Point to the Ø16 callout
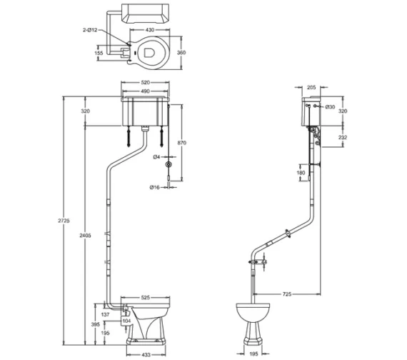pyautogui.click(x=154, y=188)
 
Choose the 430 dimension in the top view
pyautogui.click(x=151, y=30)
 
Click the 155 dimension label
pyautogui.click(x=99, y=52)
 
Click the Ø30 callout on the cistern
pyautogui.click(x=331, y=107)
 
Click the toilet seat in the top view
pyautogui.click(x=150, y=52)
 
